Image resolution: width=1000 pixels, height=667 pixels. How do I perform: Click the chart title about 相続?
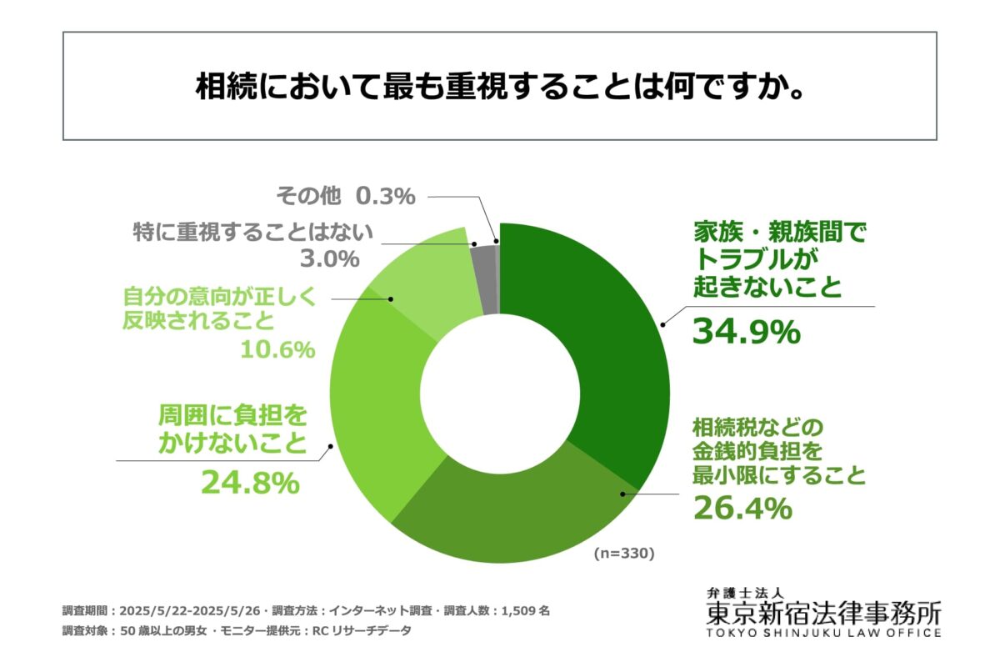click(500, 87)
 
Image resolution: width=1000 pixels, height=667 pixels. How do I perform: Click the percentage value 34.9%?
click(746, 332)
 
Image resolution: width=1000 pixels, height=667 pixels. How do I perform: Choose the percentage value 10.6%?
click(277, 349)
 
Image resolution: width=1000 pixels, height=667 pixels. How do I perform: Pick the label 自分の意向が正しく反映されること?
click(220, 308)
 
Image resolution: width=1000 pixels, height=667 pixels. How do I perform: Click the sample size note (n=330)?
click(624, 553)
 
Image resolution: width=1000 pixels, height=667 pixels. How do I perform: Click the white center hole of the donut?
click(500, 393)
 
